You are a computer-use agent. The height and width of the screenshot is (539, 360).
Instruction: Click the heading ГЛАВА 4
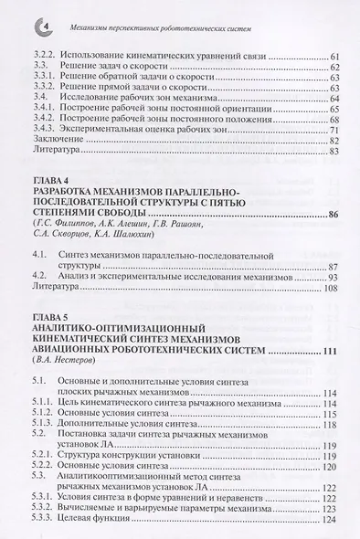(x=48, y=178)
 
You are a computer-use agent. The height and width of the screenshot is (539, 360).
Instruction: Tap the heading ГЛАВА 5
(x=48, y=316)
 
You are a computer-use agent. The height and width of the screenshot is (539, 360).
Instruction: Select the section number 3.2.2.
(x=41, y=57)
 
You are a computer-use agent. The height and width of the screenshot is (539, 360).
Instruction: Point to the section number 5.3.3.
(x=41, y=519)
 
